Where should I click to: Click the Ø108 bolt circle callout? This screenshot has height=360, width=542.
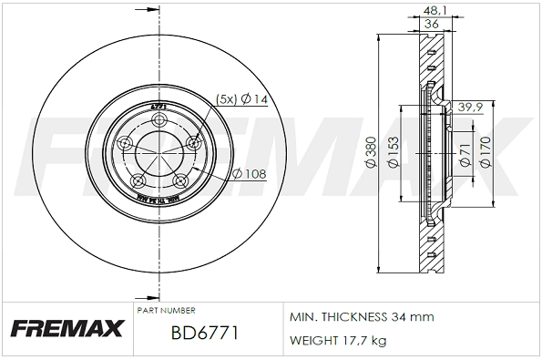click(249, 173)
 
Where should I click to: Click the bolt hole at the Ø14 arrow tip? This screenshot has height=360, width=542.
click(192, 143)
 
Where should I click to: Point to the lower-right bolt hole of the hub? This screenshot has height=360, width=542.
click(179, 179)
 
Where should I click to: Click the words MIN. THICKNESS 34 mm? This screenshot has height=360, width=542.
click(361, 316)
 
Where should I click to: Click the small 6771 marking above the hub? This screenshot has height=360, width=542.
click(157, 107)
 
